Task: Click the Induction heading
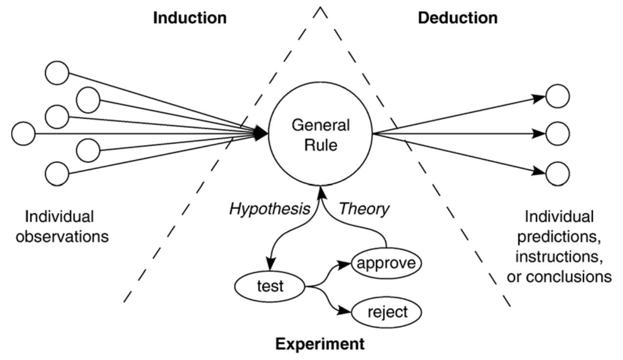click(190, 18)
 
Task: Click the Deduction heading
click(458, 18)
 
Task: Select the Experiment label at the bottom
click(320, 343)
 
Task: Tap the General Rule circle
click(321, 134)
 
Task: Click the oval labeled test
click(270, 286)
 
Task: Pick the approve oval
click(386, 263)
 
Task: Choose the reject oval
click(386, 312)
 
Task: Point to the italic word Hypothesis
click(270, 209)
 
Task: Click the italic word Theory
click(365, 209)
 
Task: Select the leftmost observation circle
click(23, 133)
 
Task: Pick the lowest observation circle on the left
click(57, 173)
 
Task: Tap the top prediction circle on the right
click(557, 96)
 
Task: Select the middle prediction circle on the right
click(557, 133)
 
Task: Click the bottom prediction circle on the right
click(557, 172)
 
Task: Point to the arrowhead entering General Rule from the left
click(261, 133)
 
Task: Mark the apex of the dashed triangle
click(321, 8)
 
